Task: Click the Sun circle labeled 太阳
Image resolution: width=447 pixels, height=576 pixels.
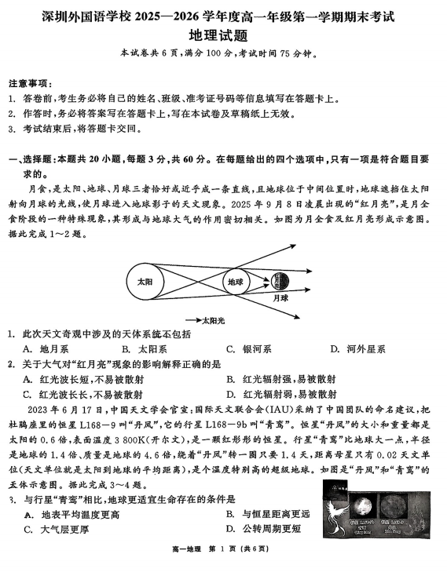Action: tap(145, 281)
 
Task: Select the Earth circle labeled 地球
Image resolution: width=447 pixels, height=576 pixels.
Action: tap(236, 281)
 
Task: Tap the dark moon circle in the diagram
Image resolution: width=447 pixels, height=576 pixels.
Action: tap(280, 281)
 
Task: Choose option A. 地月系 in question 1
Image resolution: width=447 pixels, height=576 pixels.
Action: tap(44, 348)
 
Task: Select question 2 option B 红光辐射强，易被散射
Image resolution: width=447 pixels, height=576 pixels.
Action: tap(280, 379)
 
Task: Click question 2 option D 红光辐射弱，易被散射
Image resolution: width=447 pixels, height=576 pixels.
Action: tap(280, 394)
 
